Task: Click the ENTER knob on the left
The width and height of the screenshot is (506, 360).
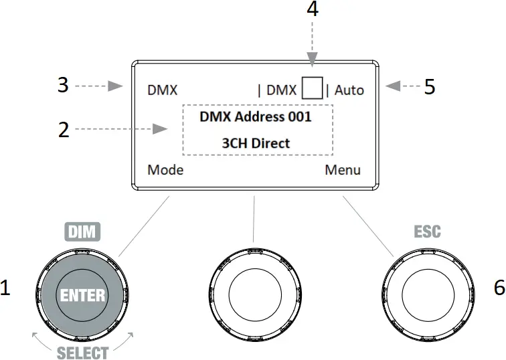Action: [82, 295]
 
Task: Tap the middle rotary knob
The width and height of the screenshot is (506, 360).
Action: [252, 294]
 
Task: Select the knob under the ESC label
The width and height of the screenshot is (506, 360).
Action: [422, 294]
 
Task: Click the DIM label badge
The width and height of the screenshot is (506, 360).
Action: [82, 232]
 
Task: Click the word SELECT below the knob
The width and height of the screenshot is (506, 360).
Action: [82, 352]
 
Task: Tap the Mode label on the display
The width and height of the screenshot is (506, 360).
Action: [165, 170]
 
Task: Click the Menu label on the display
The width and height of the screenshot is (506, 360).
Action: [343, 170]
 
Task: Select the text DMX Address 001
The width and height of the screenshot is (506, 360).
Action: [256, 116]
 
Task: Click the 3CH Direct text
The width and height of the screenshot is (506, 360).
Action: [256, 143]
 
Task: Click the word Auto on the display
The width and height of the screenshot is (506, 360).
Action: [349, 90]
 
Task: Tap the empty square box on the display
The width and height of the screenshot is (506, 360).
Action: [312, 88]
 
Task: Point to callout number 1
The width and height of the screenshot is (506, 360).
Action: [6, 288]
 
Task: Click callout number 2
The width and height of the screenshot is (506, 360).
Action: [64, 130]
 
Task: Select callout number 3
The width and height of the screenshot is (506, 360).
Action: [64, 86]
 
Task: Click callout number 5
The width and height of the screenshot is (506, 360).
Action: [430, 87]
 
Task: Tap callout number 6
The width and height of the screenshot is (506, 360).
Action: [499, 288]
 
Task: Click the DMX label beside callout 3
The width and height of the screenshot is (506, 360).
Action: [163, 90]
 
